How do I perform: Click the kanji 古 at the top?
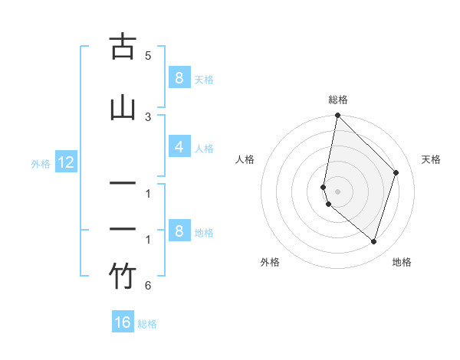123,47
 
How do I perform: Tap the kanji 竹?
123,277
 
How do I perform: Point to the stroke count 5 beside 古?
148,56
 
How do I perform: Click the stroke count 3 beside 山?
148,116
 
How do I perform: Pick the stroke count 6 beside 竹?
148,286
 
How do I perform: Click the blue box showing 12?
65,162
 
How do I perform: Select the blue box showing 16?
123,322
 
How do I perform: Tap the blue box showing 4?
178,148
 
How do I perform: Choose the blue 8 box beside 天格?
178,77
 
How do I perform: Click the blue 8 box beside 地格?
178,231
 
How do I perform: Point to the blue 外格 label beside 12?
41,163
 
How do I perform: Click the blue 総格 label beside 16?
147,324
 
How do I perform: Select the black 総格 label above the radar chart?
338,100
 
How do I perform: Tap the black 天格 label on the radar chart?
431,159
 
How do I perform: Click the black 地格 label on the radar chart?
402,262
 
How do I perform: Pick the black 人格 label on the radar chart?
245,159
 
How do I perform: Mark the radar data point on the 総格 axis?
337,116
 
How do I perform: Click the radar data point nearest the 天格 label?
396,172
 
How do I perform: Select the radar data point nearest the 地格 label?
373,242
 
